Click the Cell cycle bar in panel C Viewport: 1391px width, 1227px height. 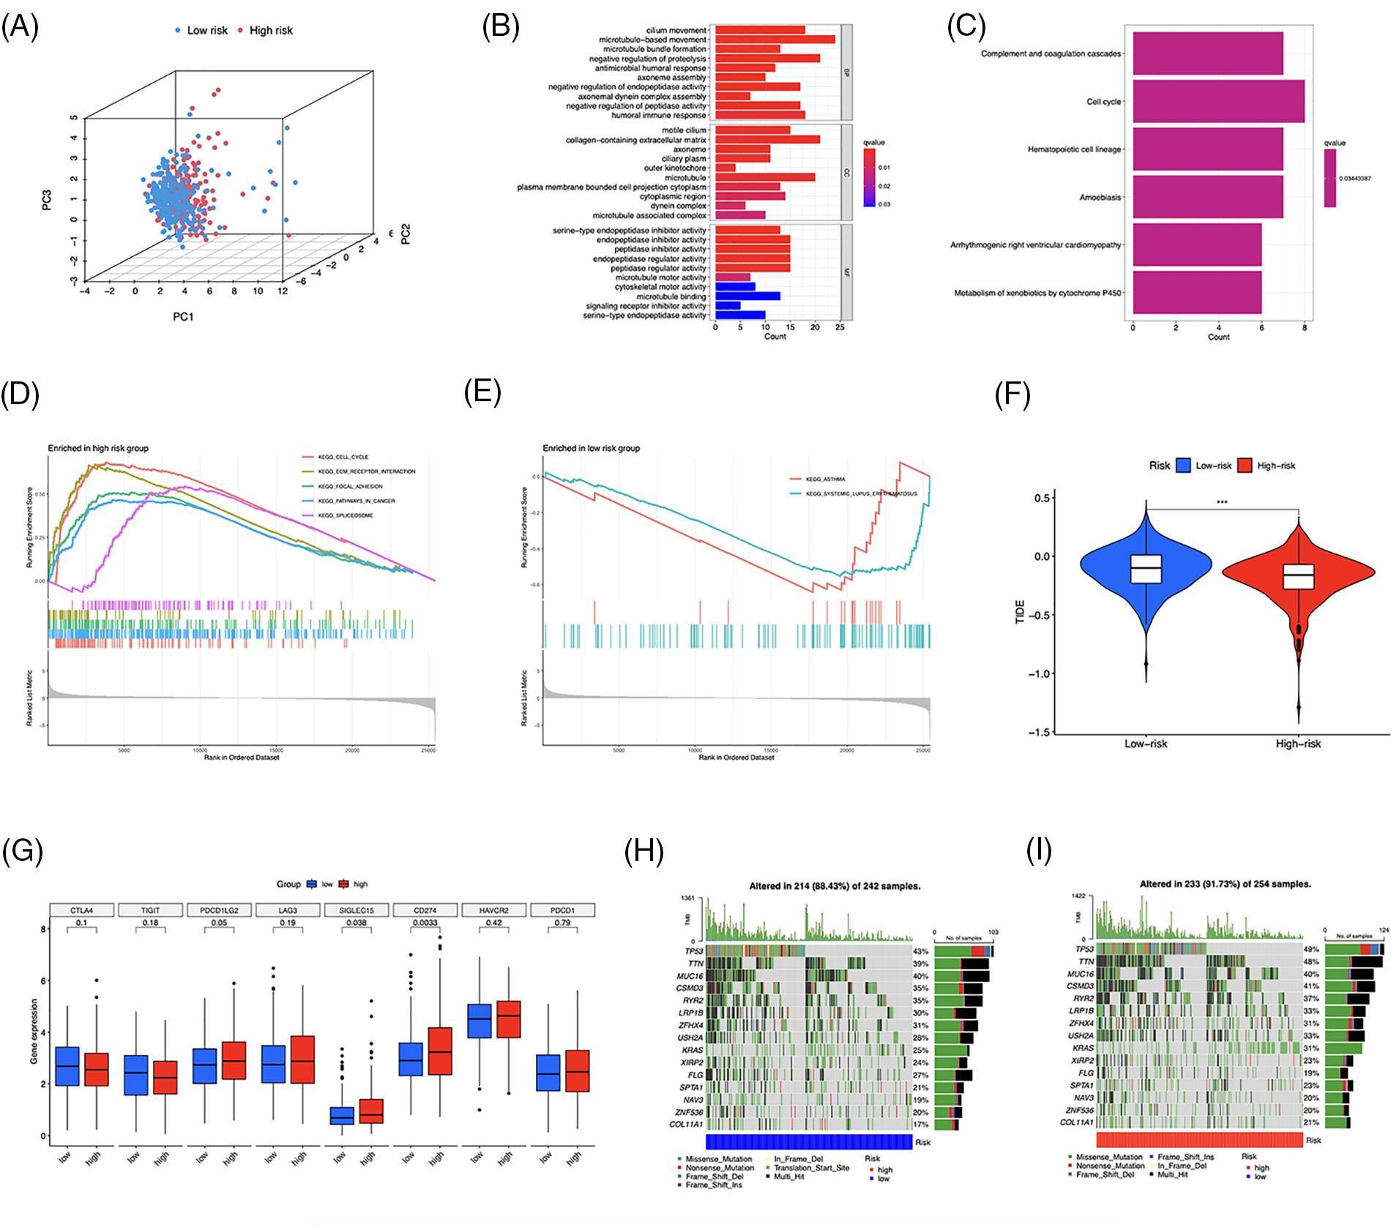(1218, 101)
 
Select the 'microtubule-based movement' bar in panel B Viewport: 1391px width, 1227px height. (775, 40)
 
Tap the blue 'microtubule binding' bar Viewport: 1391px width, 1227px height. (747, 297)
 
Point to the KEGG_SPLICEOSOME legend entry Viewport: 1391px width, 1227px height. (345, 515)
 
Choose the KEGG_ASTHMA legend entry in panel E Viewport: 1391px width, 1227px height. (825, 479)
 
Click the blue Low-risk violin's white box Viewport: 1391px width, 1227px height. (1146, 568)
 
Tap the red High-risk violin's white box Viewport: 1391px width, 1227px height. (1298, 576)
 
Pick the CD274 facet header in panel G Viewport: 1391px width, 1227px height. (425, 910)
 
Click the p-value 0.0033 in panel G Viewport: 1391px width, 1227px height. (425, 922)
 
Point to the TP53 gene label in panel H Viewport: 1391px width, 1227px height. (693, 951)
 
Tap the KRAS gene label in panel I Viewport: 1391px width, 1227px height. (1083, 1048)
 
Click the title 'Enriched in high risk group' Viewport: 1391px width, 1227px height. (98, 448)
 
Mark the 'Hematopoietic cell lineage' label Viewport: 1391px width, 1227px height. (1074, 149)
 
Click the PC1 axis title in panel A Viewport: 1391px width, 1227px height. (183, 316)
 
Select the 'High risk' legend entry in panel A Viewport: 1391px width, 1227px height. (270, 30)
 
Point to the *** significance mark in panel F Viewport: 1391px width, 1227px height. (1222, 502)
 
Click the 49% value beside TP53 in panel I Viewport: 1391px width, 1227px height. (1310, 949)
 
